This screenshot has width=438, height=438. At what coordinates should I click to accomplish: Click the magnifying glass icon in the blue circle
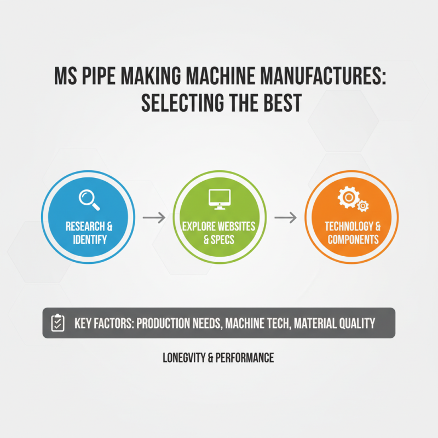pos(89,198)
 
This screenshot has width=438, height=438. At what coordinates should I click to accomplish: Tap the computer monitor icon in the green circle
pos(218,198)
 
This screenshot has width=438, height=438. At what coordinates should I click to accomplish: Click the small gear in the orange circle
pos(362,206)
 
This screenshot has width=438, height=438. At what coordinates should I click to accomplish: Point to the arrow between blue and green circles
pos(153,217)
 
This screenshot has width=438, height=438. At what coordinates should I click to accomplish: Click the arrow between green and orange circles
pos(285,217)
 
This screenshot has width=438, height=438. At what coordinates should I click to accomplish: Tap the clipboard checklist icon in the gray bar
pos(57,323)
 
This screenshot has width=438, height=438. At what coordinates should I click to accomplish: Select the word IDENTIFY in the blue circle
pos(89,239)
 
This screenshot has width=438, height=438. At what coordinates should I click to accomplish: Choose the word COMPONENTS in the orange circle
pos(353,239)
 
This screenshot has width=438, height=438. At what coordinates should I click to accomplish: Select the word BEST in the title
pos(279,103)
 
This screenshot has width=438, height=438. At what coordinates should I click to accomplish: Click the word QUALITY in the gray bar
pos(353,323)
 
